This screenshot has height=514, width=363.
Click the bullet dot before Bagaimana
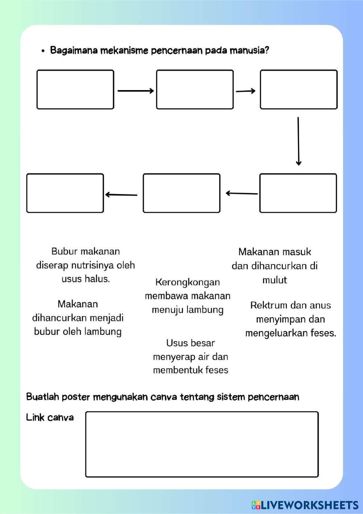43,51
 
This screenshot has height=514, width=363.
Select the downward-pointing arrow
298,141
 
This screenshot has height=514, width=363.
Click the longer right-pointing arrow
136,91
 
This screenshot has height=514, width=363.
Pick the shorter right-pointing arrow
246,91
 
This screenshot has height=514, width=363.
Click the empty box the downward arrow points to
298,193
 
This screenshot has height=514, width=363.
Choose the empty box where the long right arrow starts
75,90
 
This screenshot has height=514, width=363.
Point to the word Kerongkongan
187,282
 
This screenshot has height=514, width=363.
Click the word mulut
274,280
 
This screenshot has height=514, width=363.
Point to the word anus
321,305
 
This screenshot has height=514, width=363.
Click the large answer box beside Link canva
202,444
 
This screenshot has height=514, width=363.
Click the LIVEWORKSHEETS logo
305,505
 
